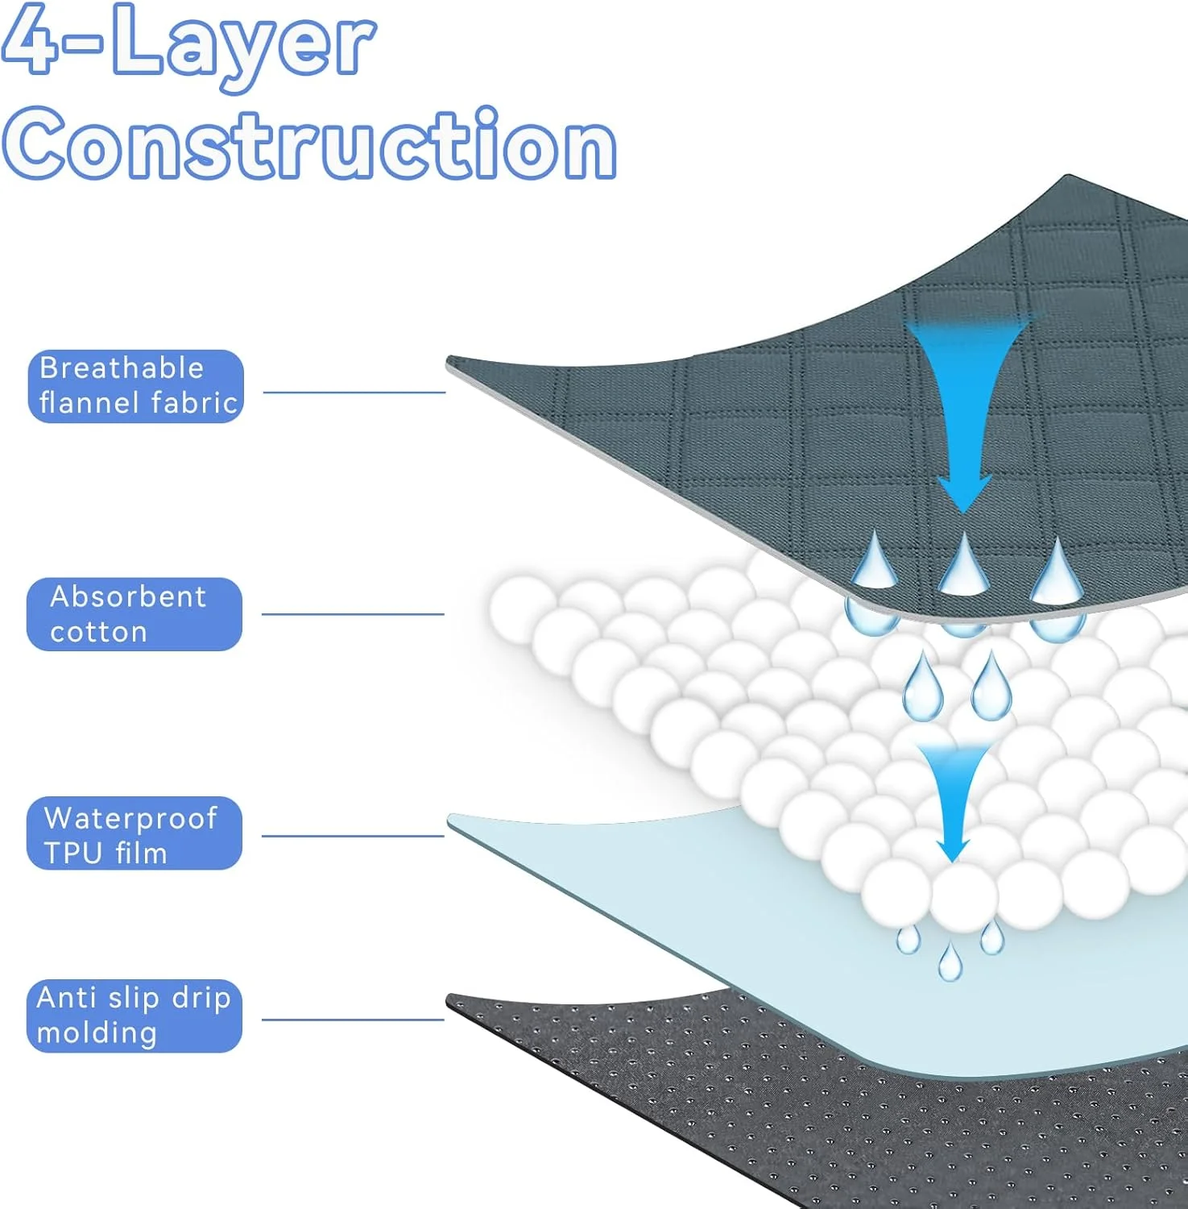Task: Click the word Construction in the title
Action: point(310,145)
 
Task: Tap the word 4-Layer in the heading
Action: point(189,44)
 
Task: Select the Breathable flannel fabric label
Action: point(135,386)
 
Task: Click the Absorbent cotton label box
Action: point(134,614)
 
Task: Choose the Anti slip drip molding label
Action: point(134,1016)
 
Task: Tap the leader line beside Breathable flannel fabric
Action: point(354,393)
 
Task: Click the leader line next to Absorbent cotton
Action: point(353,614)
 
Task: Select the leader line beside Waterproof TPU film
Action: point(353,836)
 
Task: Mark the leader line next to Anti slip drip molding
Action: point(353,1020)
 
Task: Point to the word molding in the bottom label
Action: point(97,1033)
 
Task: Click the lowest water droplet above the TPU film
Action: point(950,963)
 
